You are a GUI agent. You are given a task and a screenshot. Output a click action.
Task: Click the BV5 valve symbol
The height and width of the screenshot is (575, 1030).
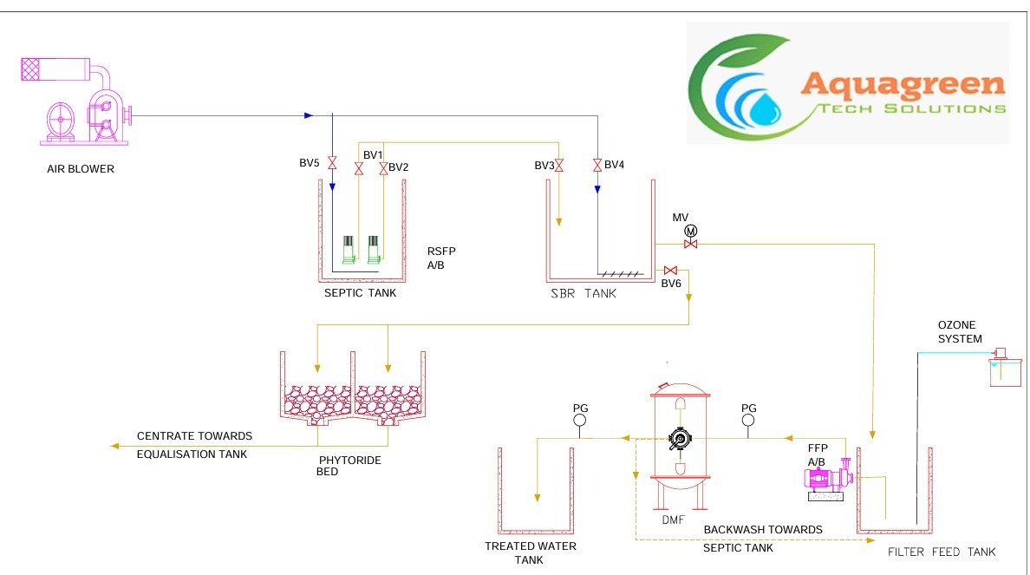tap(331, 162)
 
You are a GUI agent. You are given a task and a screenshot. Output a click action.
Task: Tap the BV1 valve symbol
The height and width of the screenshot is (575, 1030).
tap(359, 168)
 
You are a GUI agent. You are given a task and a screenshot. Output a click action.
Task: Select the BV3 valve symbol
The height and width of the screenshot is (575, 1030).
tap(559, 165)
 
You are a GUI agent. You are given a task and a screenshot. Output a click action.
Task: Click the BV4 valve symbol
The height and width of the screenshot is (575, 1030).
tap(597, 165)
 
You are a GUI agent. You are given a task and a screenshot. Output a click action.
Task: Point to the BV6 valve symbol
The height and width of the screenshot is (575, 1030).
tap(669, 271)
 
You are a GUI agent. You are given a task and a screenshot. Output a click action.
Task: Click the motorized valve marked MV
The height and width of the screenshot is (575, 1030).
tap(691, 244)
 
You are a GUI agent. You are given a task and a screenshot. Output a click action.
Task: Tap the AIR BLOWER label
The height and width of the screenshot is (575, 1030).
tap(80, 169)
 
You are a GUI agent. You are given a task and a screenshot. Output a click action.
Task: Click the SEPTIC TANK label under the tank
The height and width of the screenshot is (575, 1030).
tap(360, 293)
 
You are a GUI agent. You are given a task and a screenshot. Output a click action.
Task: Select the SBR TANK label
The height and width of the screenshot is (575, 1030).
tap(583, 294)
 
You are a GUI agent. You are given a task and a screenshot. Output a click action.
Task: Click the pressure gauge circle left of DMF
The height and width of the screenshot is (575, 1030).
tap(580, 421)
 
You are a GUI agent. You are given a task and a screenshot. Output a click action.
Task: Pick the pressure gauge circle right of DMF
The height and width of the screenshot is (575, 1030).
tap(749, 421)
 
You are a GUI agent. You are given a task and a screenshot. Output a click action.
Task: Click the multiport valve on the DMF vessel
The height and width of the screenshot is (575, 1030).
tap(679, 439)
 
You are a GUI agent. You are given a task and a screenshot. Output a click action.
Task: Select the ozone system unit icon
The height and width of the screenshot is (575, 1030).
tap(1005, 369)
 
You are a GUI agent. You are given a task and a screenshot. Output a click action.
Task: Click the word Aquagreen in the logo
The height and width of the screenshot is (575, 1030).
tap(903, 84)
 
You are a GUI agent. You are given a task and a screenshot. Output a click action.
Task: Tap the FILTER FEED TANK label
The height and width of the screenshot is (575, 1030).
tap(942, 552)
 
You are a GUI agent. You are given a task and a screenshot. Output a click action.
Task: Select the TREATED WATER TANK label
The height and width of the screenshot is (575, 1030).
tap(531, 552)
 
